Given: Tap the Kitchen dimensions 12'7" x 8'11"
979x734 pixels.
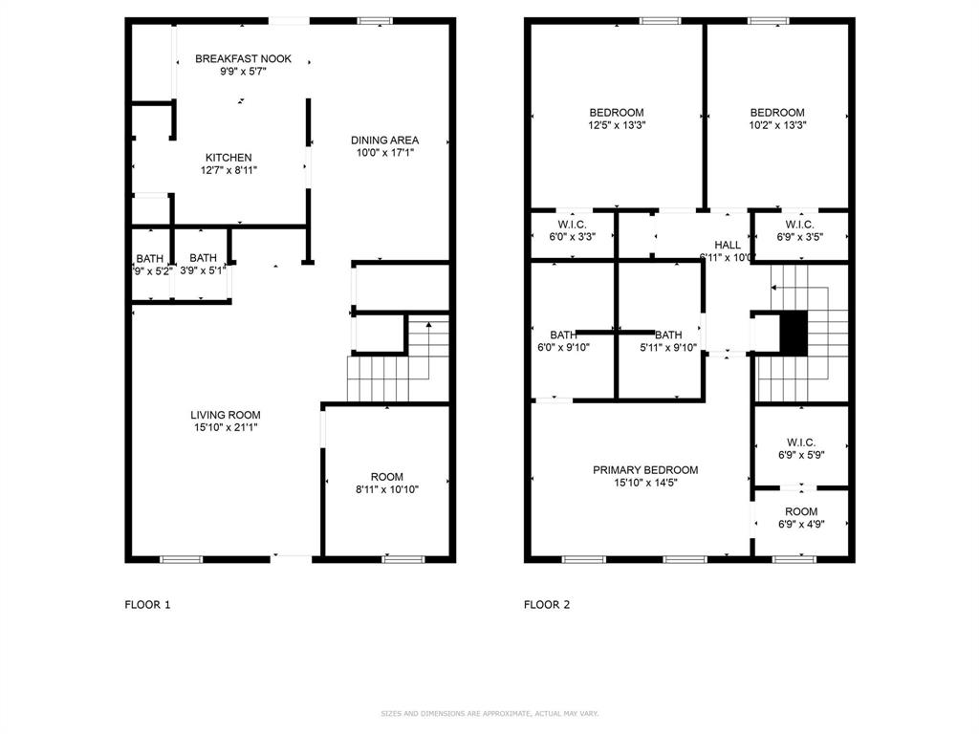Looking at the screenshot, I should (228, 170).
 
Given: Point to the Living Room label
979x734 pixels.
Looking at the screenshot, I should (225, 415).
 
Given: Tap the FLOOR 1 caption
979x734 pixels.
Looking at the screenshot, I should (147, 604).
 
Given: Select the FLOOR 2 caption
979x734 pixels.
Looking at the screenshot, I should (546, 604).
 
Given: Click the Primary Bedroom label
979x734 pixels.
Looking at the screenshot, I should (644, 470).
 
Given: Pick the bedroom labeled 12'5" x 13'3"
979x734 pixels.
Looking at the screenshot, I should (616, 119).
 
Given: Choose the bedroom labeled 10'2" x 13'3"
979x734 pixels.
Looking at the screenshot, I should (776, 119).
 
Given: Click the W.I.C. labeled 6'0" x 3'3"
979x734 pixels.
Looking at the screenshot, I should (571, 230).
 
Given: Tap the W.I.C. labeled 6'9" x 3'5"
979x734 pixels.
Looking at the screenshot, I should (799, 230).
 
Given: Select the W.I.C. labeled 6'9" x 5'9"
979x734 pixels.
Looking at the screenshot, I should (800, 448).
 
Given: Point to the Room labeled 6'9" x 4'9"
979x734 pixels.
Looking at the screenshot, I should (800, 518).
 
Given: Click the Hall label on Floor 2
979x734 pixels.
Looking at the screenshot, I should (727, 246).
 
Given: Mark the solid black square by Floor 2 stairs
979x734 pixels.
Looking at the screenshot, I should (794, 333).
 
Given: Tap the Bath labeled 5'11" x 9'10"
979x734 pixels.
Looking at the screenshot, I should (667, 341).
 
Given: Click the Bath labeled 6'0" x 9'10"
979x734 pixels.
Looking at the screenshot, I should (562, 341).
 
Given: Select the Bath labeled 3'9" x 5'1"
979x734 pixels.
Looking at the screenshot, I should (203, 264).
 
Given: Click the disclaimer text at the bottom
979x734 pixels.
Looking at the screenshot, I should (489, 714).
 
